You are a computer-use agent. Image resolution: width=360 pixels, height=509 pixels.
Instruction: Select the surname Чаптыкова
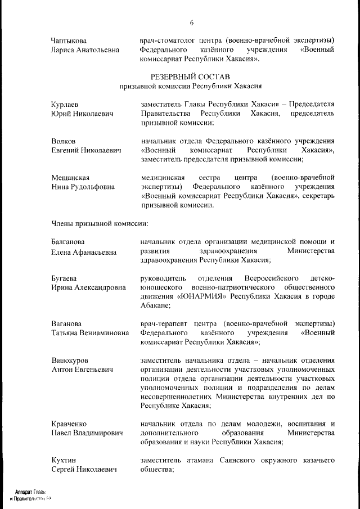(69, 40)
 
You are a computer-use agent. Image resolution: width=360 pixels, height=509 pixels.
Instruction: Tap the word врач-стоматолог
(166, 40)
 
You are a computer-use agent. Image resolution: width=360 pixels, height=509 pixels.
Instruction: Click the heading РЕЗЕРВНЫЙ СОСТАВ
(190, 76)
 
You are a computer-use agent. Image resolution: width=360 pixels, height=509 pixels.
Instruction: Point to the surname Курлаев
(65, 104)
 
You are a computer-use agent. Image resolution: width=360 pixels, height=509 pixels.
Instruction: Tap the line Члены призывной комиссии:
(100, 223)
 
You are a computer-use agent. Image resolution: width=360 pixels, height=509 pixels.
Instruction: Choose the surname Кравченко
(69, 424)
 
